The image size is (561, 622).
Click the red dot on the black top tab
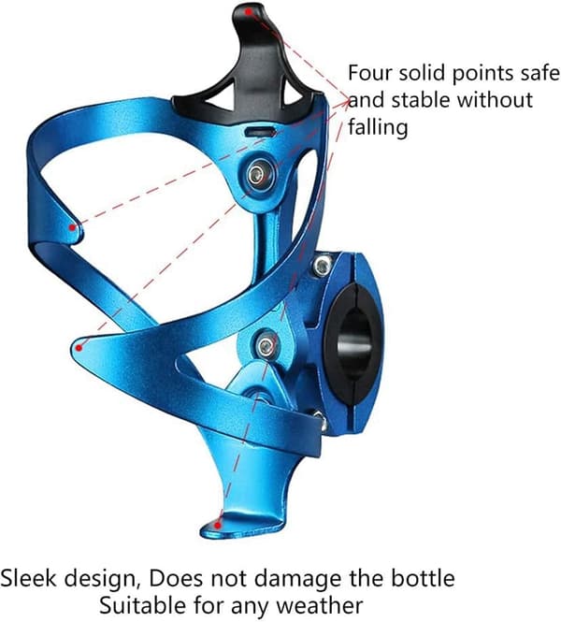click(x=248, y=12)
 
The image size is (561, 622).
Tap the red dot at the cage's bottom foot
click(x=217, y=526)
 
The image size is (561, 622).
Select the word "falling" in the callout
click(x=378, y=128)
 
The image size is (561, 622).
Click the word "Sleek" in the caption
click(x=28, y=578)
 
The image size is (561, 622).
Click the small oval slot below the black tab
click(x=260, y=132)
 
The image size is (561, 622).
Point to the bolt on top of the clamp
click(x=324, y=265)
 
